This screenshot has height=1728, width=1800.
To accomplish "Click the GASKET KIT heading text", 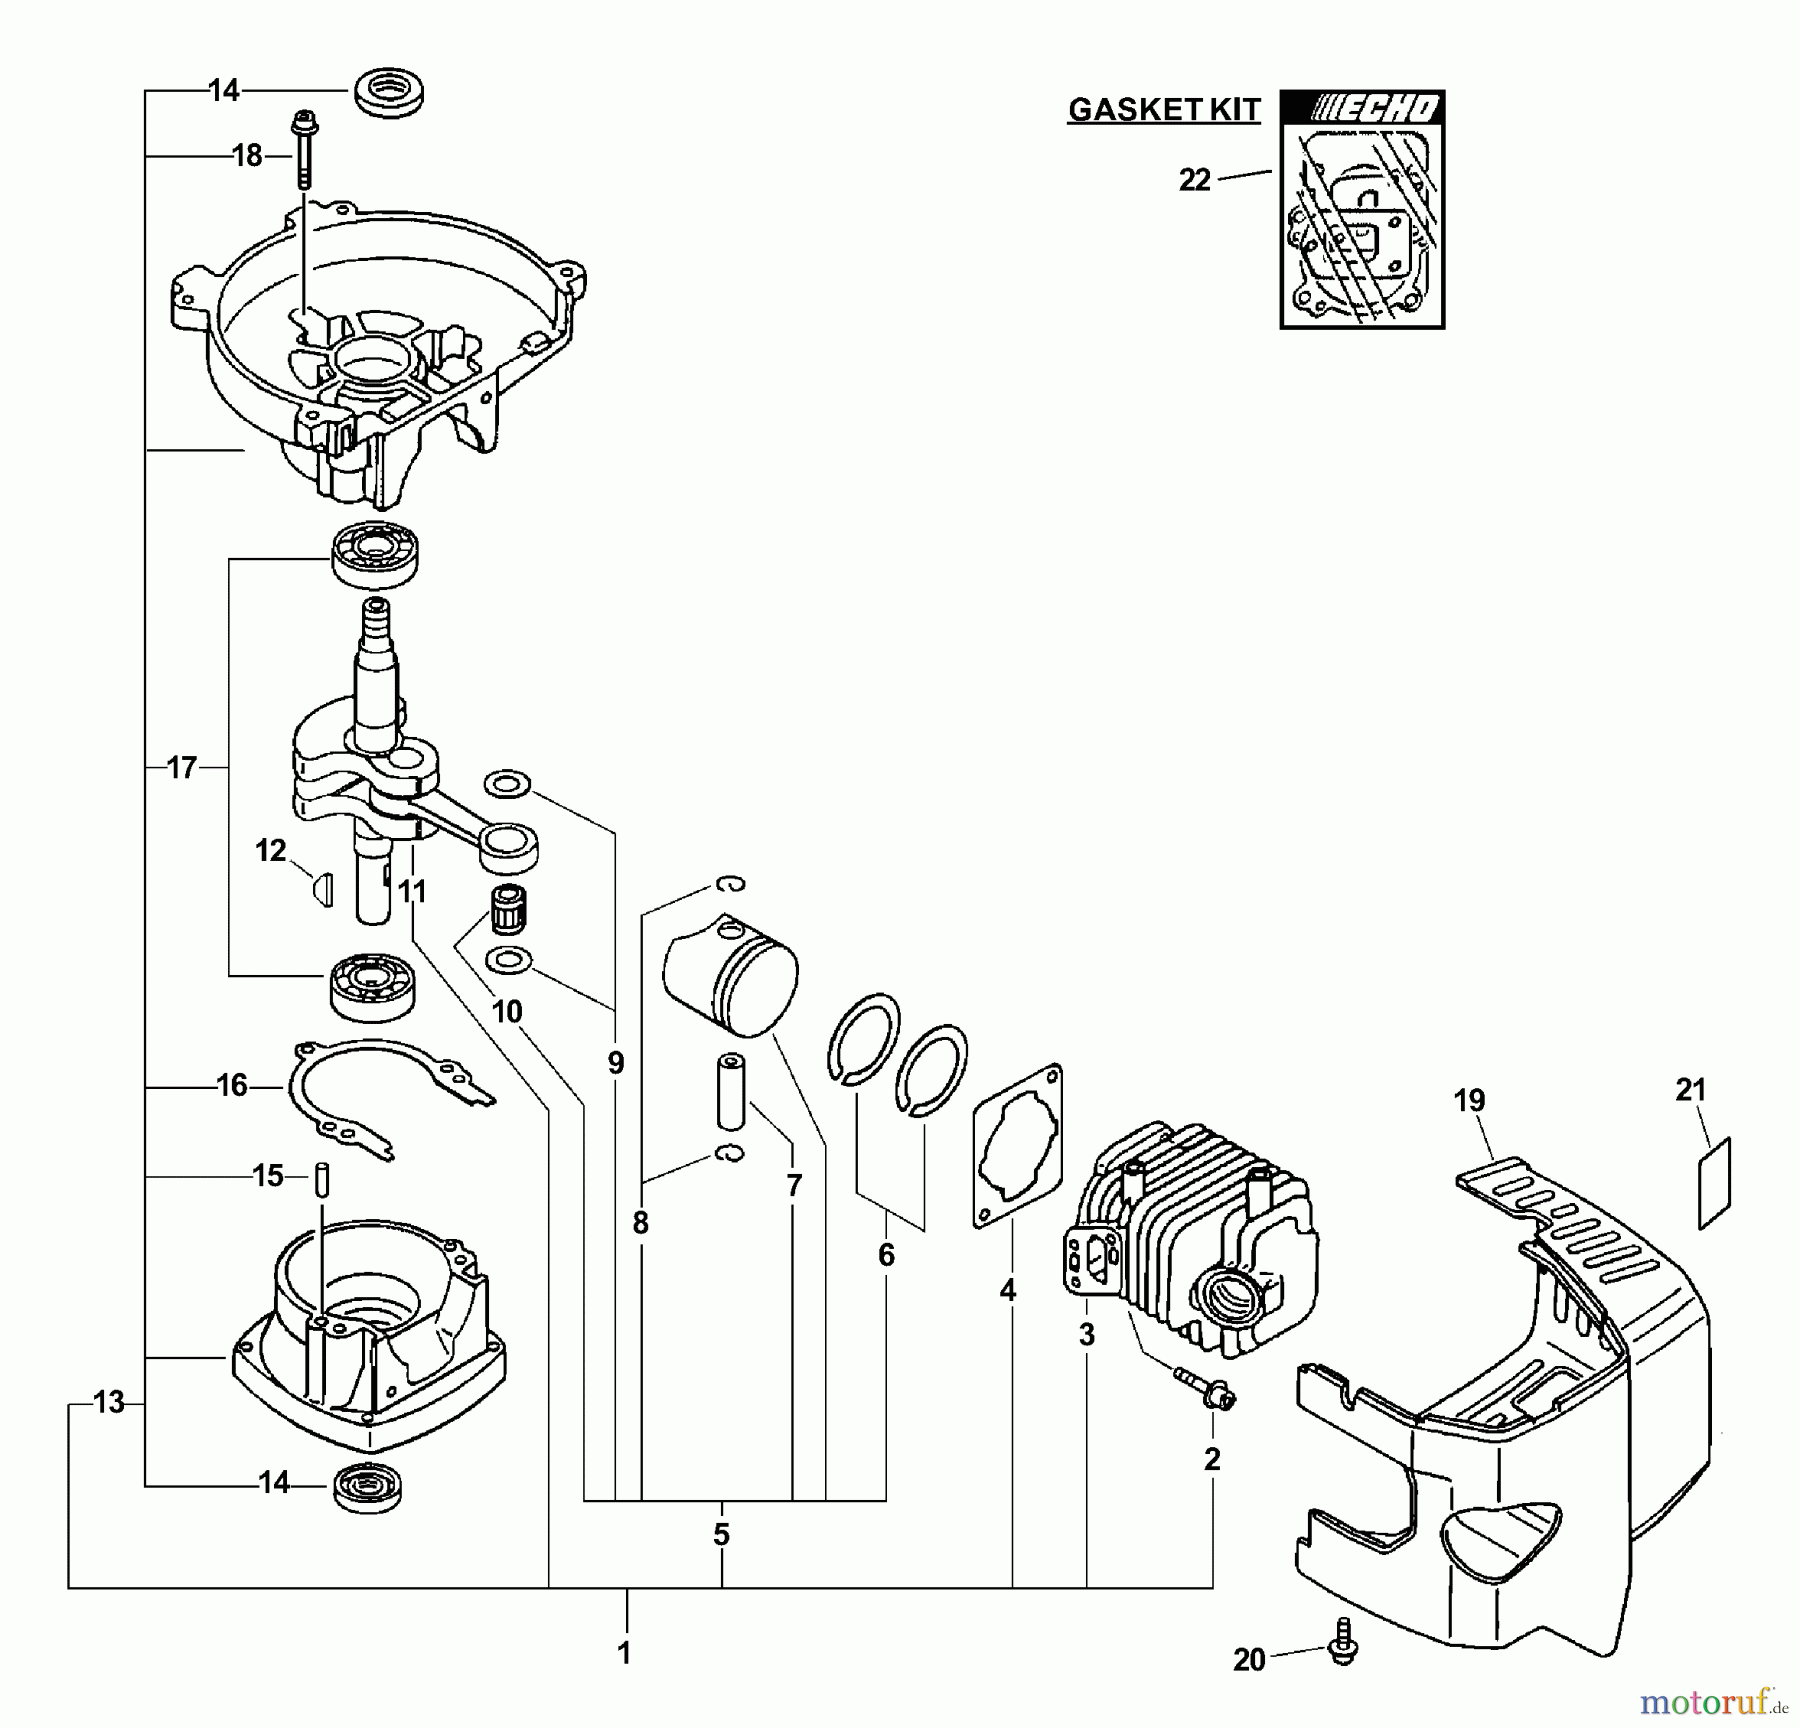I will coord(1164,109).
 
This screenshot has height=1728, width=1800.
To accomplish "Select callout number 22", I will coord(1194,181).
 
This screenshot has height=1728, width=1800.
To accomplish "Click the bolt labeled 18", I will coord(301,150).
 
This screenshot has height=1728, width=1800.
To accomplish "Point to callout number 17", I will coord(182,768).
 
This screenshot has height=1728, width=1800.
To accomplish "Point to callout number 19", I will coord(1469,1101).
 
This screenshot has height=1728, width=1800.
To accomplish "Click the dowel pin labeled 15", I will coord(322,1176).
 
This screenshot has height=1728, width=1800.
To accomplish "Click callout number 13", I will coord(108,1403).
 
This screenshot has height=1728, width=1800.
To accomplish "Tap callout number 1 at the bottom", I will coord(624,1653).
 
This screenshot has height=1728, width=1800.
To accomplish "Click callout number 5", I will coord(721,1534).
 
